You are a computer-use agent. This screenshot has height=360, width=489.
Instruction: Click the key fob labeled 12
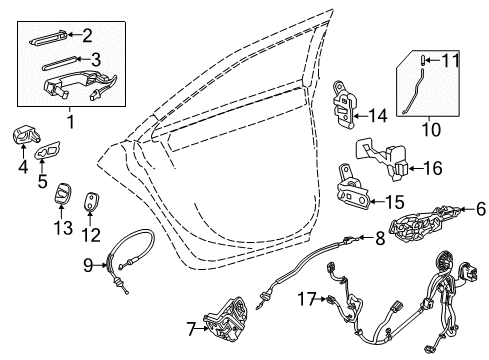click(x=93, y=206)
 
